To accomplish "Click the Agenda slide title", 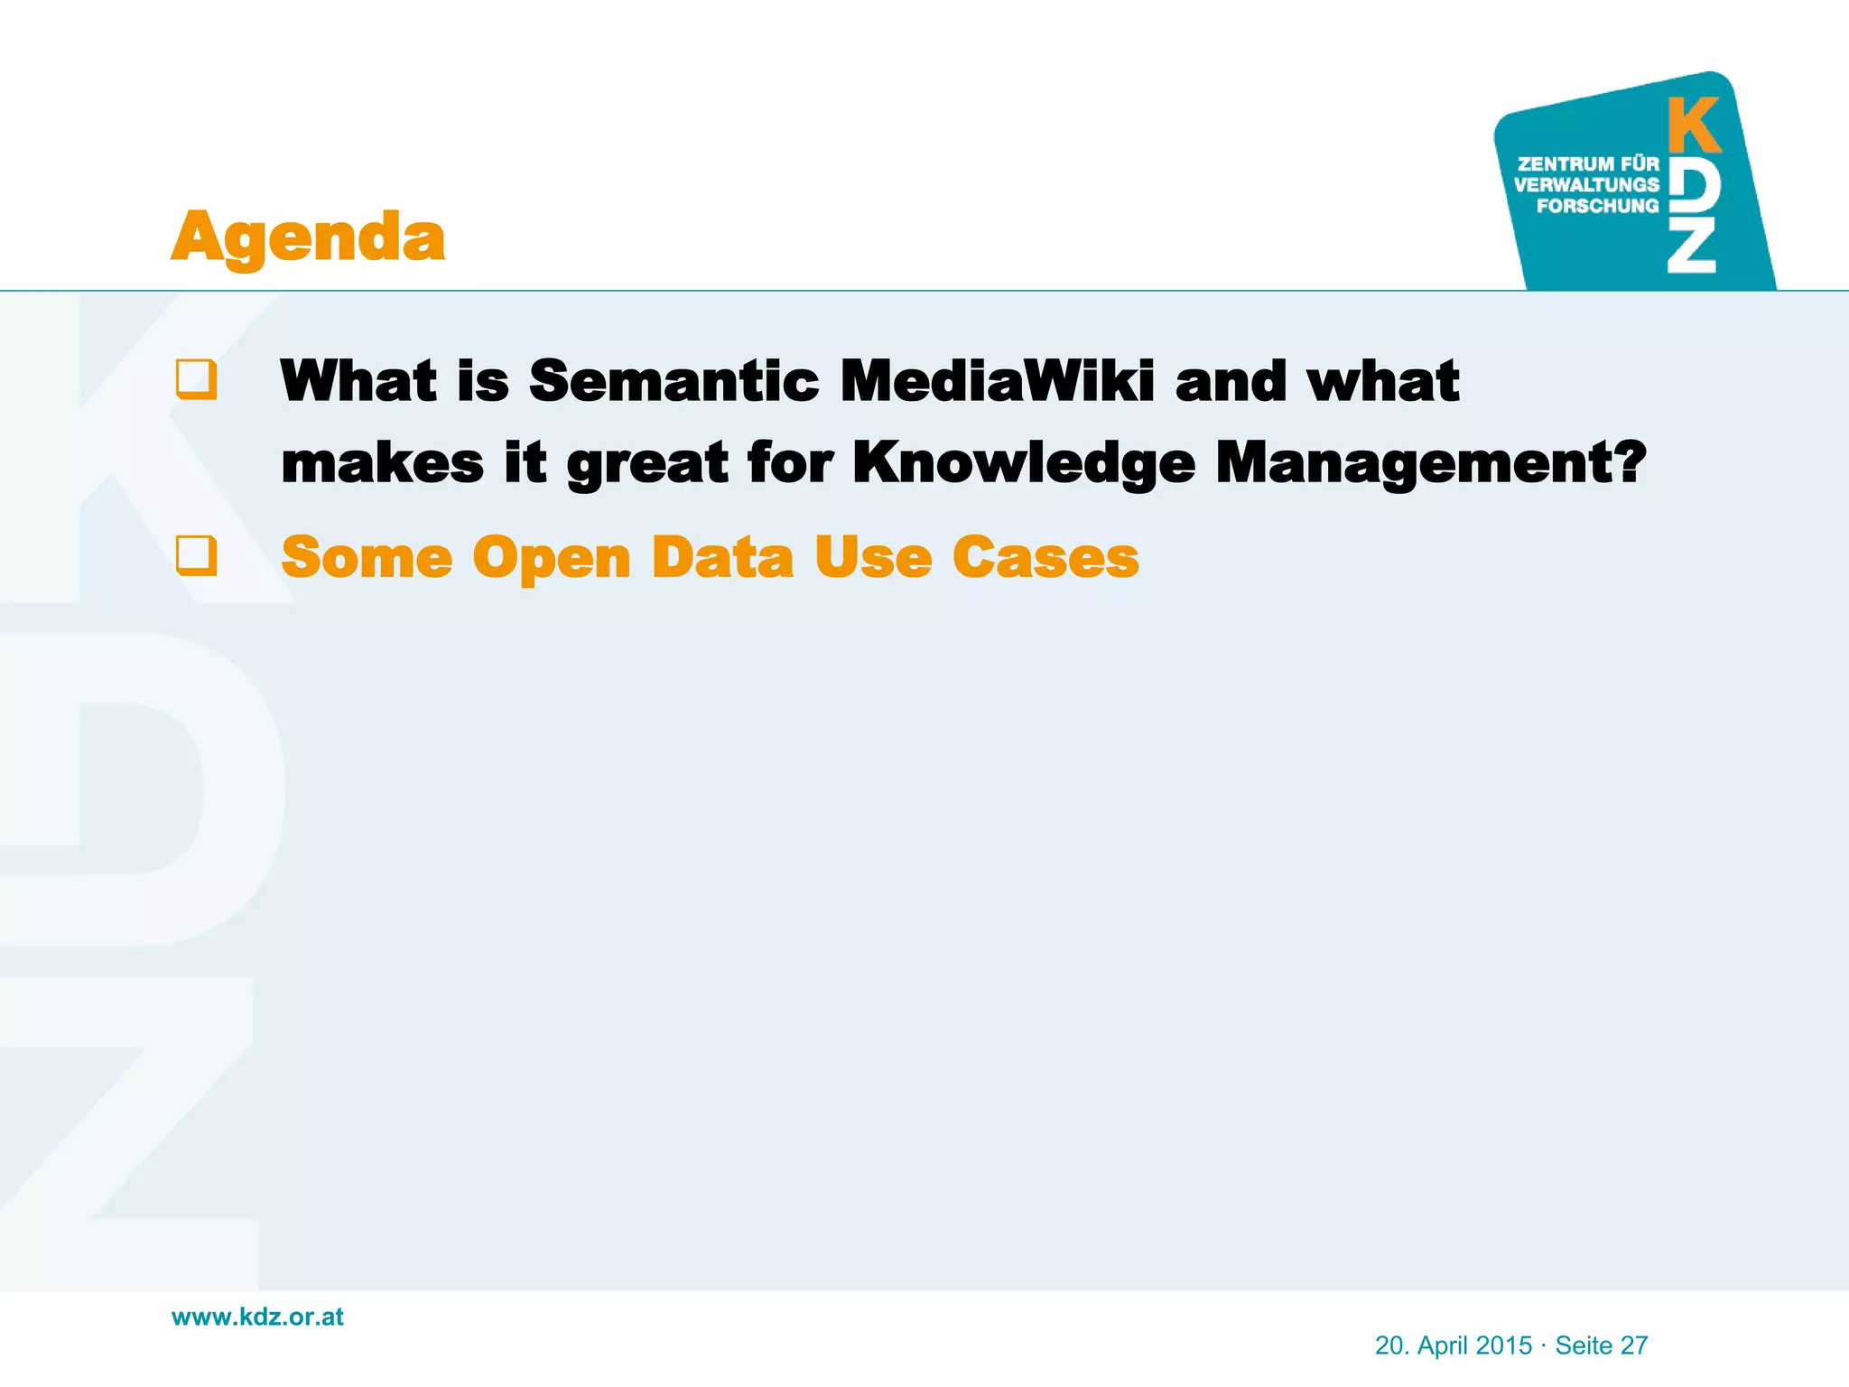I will coord(308,237).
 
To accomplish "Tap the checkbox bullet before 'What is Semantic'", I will coord(197,379).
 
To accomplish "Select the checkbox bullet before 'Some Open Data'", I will coord(197,555).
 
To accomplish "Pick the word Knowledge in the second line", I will coord(1024,463).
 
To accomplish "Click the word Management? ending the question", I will coord(1431,463).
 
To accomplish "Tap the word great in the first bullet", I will coord(646,463).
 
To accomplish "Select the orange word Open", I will coord(551,558).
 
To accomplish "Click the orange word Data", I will coord(722,557).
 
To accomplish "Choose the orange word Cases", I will coord(1045,557).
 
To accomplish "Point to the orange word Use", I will coord(872,557).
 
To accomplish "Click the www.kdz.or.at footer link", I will coord(257,1317).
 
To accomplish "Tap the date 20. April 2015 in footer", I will coord(1453,1345).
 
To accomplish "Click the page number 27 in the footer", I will coord(1634,1345).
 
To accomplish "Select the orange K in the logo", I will coord(1694,126).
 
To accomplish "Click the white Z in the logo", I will coord(1691,247).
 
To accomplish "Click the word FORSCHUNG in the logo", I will coord(1597,206).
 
